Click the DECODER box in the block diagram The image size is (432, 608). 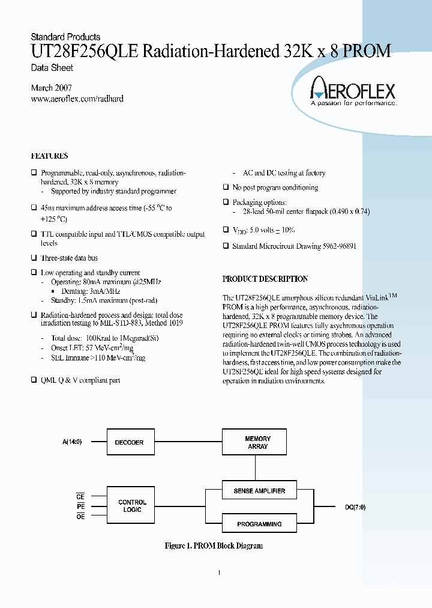click(x=130, y=442)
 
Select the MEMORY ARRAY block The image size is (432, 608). click(x=258, y=442)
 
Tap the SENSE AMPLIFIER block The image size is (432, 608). click(x=259, y=491)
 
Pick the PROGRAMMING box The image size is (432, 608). click(x=259, y=524)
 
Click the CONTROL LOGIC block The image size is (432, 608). click(x=132, y=506)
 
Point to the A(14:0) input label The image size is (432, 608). click(x=72, y=442)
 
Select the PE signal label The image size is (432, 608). click(x=80, y=506)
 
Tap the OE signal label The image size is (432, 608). click(x=80, y=517)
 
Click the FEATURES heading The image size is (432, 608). click(x=49, y=156)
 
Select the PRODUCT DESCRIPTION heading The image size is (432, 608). click(x=265, y=279)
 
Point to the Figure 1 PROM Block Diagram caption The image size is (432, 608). click(x=214, y=546)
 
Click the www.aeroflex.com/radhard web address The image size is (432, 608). click(x=77, y=99)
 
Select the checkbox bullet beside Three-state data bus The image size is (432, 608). click(x=34, y=258)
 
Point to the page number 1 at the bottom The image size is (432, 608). click(x=219, y=573)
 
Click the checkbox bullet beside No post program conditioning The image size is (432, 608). click(x=226, y=187)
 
